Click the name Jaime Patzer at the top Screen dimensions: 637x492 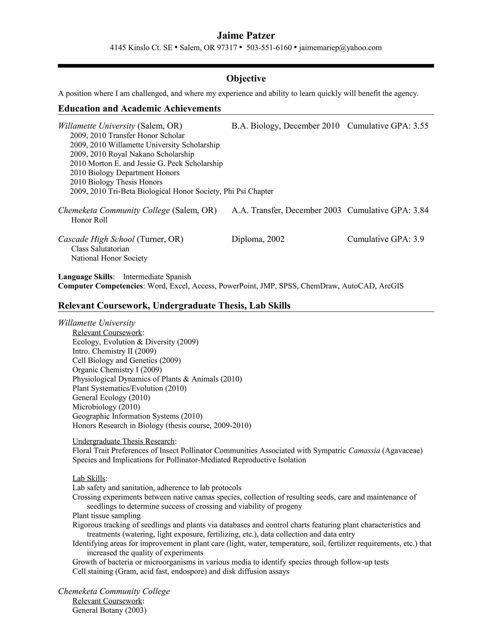click(246, 36)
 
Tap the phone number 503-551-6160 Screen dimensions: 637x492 click(269, 48)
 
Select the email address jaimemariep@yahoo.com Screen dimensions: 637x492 click(340, 48)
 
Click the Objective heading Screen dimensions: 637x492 click(246, 78)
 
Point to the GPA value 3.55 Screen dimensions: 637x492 click(421, 126)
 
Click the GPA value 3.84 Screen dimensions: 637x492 click(421, 210)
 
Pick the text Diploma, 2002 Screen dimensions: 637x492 click(258, 239)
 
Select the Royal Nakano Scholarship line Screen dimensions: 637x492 click(132, 154)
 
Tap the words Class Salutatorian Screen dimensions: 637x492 click(100, 249)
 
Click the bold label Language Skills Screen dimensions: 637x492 click(85, 276)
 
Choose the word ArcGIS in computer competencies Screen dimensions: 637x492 click(391, 286)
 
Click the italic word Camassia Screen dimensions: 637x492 click(364, 451)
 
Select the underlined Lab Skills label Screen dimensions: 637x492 click(89, 478)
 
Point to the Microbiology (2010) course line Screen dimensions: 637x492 click(106, 407)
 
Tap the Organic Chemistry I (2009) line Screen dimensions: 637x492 click(117, 370)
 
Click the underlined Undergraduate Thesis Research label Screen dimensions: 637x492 click(123, 441)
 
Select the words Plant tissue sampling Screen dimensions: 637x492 click(106, 516)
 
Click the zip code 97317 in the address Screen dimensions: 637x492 click(227, 48)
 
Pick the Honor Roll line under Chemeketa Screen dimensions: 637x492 click(89, 220)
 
